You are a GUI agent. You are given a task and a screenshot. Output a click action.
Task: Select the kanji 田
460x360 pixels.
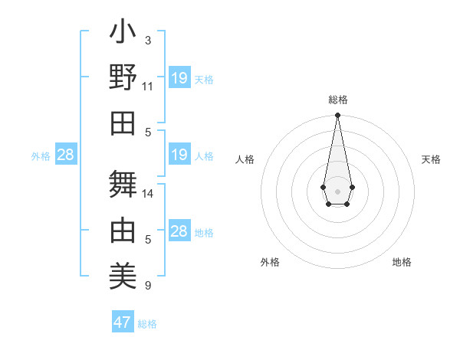coord(123,123)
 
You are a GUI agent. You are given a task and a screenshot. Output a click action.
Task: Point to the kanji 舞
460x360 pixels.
coord(123,184)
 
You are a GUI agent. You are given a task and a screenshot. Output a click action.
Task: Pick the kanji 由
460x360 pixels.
coord(123,229)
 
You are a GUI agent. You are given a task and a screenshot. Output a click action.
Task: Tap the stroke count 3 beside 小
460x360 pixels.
coord(148,40)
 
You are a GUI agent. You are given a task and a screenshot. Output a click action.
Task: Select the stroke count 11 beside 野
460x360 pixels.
coord(148,86)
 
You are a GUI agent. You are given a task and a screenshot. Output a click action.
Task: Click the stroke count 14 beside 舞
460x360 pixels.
coord(148,194)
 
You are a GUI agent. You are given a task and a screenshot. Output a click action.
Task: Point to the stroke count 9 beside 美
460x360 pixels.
coord(148,286)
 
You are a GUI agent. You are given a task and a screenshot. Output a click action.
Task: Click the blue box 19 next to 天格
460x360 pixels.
coord(179,78)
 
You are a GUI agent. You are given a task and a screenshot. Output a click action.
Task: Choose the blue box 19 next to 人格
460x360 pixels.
coord(179,155)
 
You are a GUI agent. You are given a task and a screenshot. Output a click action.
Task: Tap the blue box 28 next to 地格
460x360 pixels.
coord(179,231)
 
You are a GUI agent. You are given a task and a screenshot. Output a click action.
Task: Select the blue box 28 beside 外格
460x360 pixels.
coord(66,155)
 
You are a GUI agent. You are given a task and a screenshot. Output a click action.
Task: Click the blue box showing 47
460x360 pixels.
coord(123,322)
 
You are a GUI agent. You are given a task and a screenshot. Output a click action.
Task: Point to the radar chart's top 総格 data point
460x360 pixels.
coord(337,116)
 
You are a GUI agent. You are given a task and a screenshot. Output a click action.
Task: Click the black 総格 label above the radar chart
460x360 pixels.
coord(337,100)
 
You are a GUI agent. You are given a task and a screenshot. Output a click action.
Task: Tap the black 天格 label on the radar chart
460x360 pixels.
coord(431,159)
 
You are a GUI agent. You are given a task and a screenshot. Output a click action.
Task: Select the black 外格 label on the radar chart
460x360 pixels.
coord(270,262)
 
